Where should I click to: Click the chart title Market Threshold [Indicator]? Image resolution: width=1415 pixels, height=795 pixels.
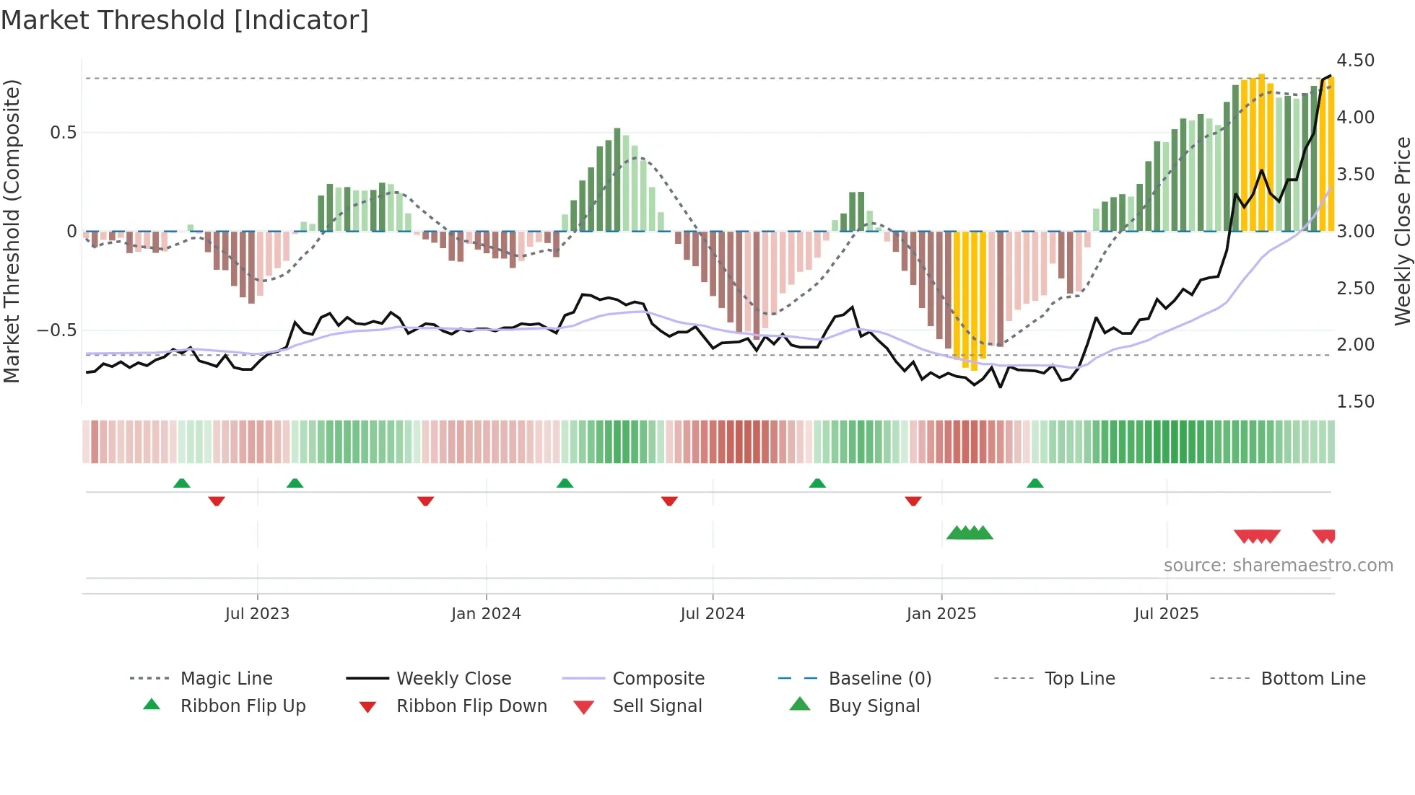pos(185,20)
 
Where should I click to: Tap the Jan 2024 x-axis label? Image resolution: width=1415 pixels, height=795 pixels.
pos(486,614)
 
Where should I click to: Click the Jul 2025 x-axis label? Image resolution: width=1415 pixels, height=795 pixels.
pos(1166,614)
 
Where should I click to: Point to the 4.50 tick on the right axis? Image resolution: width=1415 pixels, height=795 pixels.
pos(1355,61)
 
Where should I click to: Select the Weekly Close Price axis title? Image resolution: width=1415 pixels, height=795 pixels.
pos(1402,231)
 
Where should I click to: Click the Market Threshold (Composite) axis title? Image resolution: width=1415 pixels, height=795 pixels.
pos(12,231)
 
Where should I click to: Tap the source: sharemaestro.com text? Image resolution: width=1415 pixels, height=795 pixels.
pos(1278,566)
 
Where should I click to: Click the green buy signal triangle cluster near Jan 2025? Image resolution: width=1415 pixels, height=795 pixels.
pos(970,533)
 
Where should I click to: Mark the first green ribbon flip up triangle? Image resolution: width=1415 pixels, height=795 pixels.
pos(182,483)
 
